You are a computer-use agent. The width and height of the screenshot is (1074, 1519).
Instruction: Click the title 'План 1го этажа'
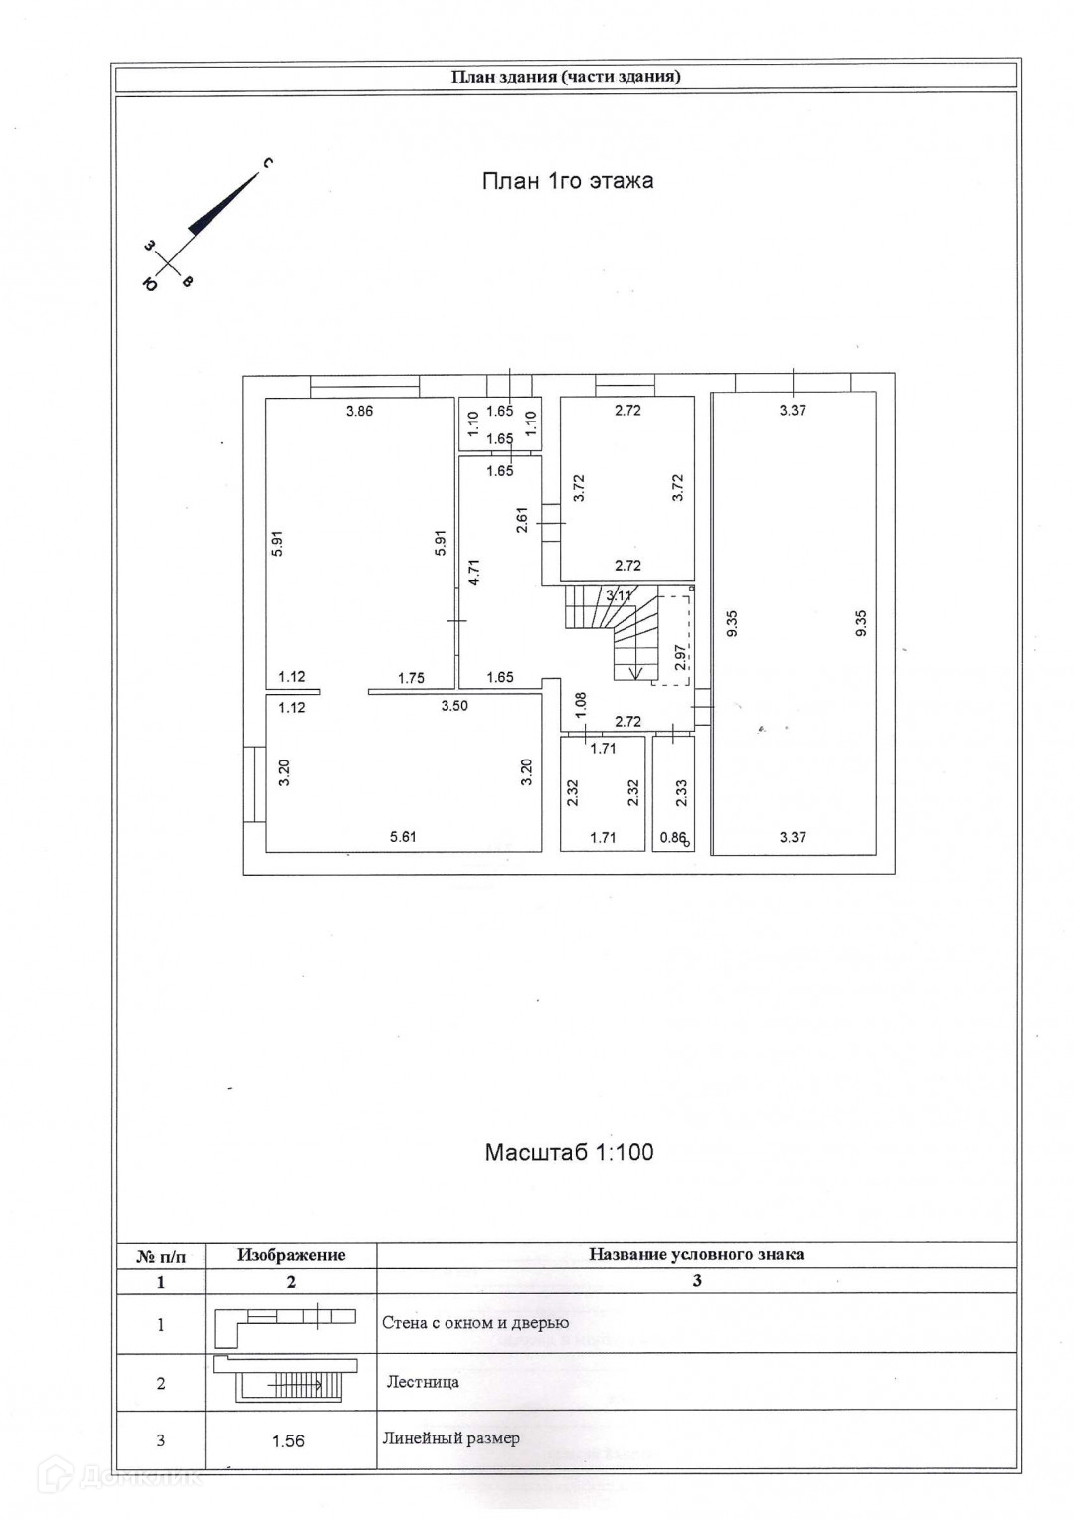click(567, 181)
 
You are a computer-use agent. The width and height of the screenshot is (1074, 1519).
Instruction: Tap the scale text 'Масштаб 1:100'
click(569, 1152)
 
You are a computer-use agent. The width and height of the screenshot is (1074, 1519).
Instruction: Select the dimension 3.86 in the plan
click(359, 410)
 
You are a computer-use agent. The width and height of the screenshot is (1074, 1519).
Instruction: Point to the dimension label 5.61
click(403, 837)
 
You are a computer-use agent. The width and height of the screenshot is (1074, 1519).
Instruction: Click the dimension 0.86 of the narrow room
click(673, 837)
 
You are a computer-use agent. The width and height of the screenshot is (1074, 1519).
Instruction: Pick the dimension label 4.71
click(475, 572)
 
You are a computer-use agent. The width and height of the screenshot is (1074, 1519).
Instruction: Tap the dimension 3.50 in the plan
click(454, 706)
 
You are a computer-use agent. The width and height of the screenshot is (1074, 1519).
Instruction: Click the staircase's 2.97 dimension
click(680, 658)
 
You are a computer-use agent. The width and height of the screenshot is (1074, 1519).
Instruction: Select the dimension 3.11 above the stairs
click(619, 595)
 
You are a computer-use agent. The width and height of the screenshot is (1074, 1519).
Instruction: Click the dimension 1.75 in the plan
click(411, 678)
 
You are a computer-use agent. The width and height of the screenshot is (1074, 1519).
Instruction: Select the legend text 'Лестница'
click(423, 1382)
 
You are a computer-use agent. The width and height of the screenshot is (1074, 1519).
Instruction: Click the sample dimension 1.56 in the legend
click(288, 1440)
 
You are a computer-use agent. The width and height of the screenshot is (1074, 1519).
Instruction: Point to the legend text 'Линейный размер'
click(450, 1438)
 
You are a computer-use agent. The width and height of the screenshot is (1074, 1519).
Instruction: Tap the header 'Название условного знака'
click(696, 1254)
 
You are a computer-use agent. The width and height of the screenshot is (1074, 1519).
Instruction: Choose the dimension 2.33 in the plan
click(680, 791)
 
